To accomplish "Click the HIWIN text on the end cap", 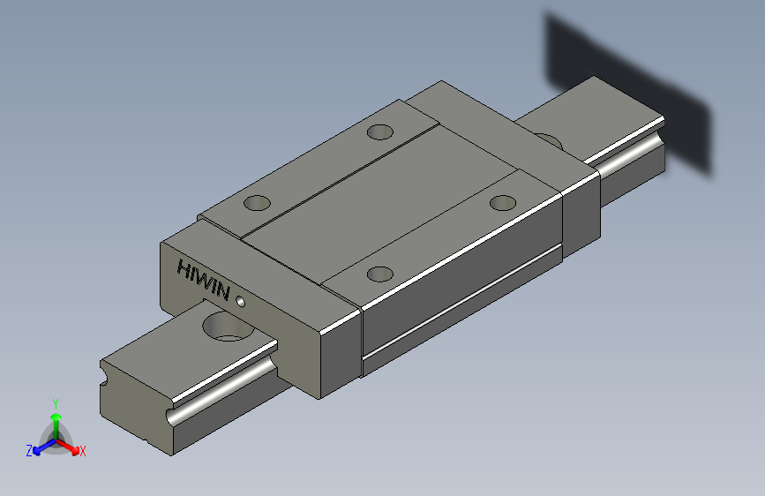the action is [202, 280].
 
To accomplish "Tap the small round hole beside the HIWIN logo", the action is [241, 302].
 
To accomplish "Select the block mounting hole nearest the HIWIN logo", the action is [257, 203].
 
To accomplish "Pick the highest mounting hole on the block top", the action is [380, 132].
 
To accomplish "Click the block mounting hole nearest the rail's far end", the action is [503, 203].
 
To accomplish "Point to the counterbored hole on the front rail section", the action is [229, 327].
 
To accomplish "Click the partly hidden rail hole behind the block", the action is [550, 140].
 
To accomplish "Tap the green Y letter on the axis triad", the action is [56, 403].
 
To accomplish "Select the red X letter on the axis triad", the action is [82, 451].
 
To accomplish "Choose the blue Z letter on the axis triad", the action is [29, 451].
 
